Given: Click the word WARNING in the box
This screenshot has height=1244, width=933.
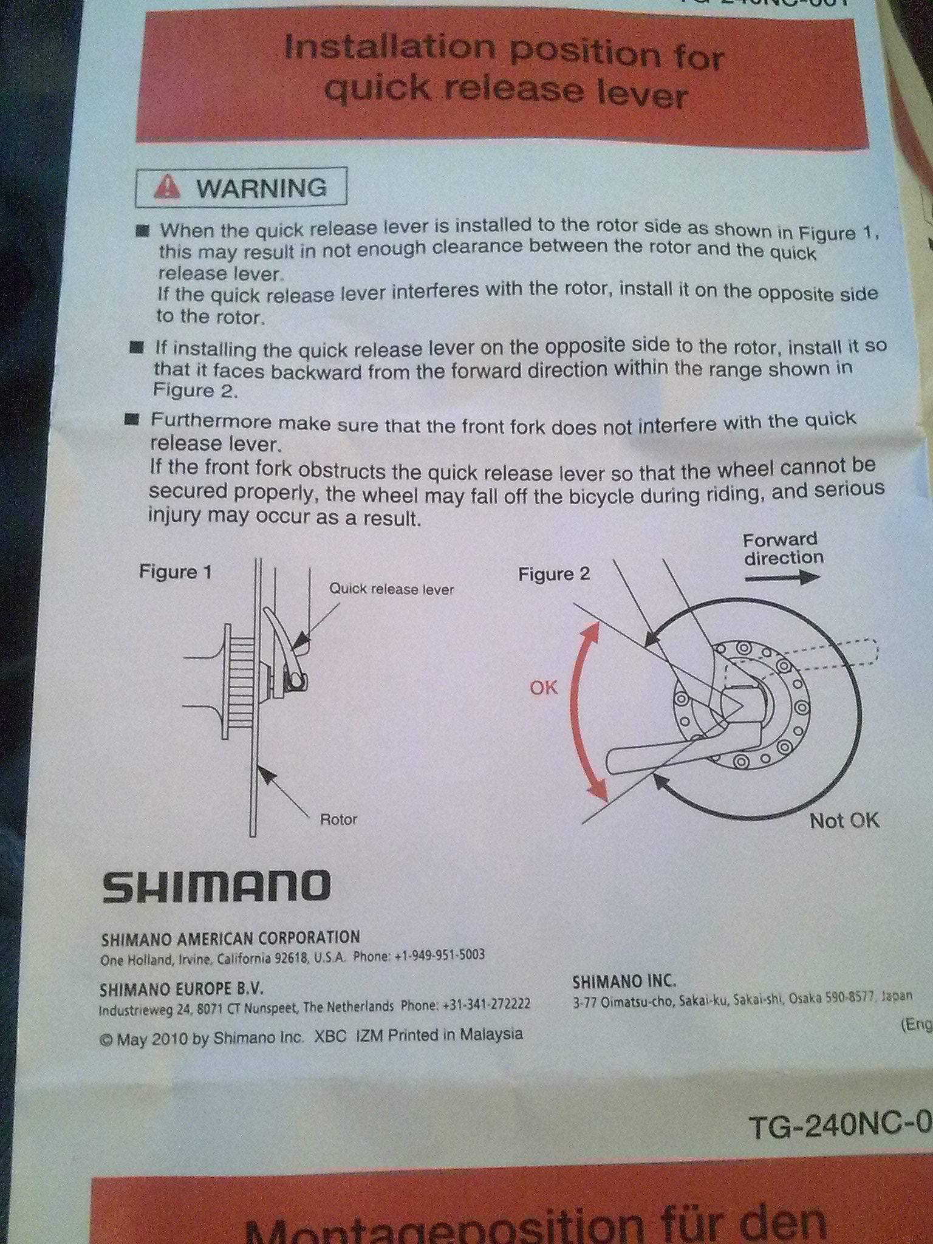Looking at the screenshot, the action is (x=262, y=188).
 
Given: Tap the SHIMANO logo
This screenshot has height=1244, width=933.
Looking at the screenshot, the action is (x=216, y=886).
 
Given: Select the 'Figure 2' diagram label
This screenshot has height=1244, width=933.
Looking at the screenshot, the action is (x=553, y=574).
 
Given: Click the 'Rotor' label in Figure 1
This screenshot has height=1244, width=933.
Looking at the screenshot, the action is (x=338, y=819).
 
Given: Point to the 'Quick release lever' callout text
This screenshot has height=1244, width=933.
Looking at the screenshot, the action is (x=391, y=589).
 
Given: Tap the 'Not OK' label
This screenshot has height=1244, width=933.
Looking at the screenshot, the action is (x=844, y=821).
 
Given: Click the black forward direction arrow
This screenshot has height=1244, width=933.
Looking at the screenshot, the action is (x=782, y=578).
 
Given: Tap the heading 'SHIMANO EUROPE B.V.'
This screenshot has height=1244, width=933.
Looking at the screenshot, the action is (x=182, y=989).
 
